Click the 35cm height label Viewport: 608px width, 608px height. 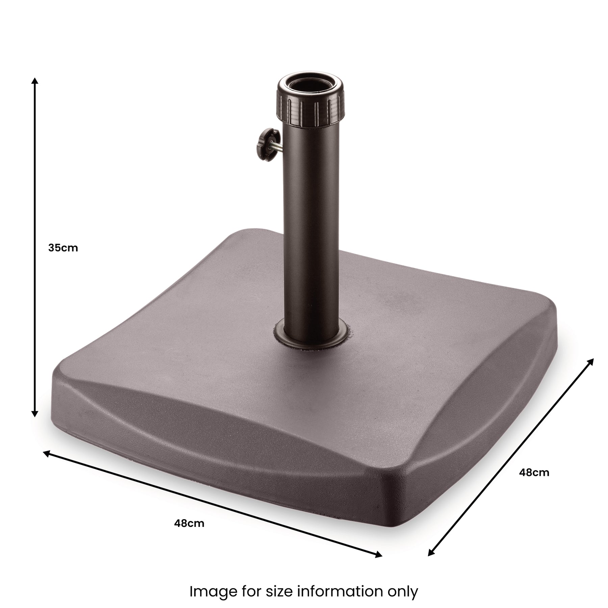[x=63, y=248]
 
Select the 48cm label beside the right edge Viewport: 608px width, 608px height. [x=534, y=473]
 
